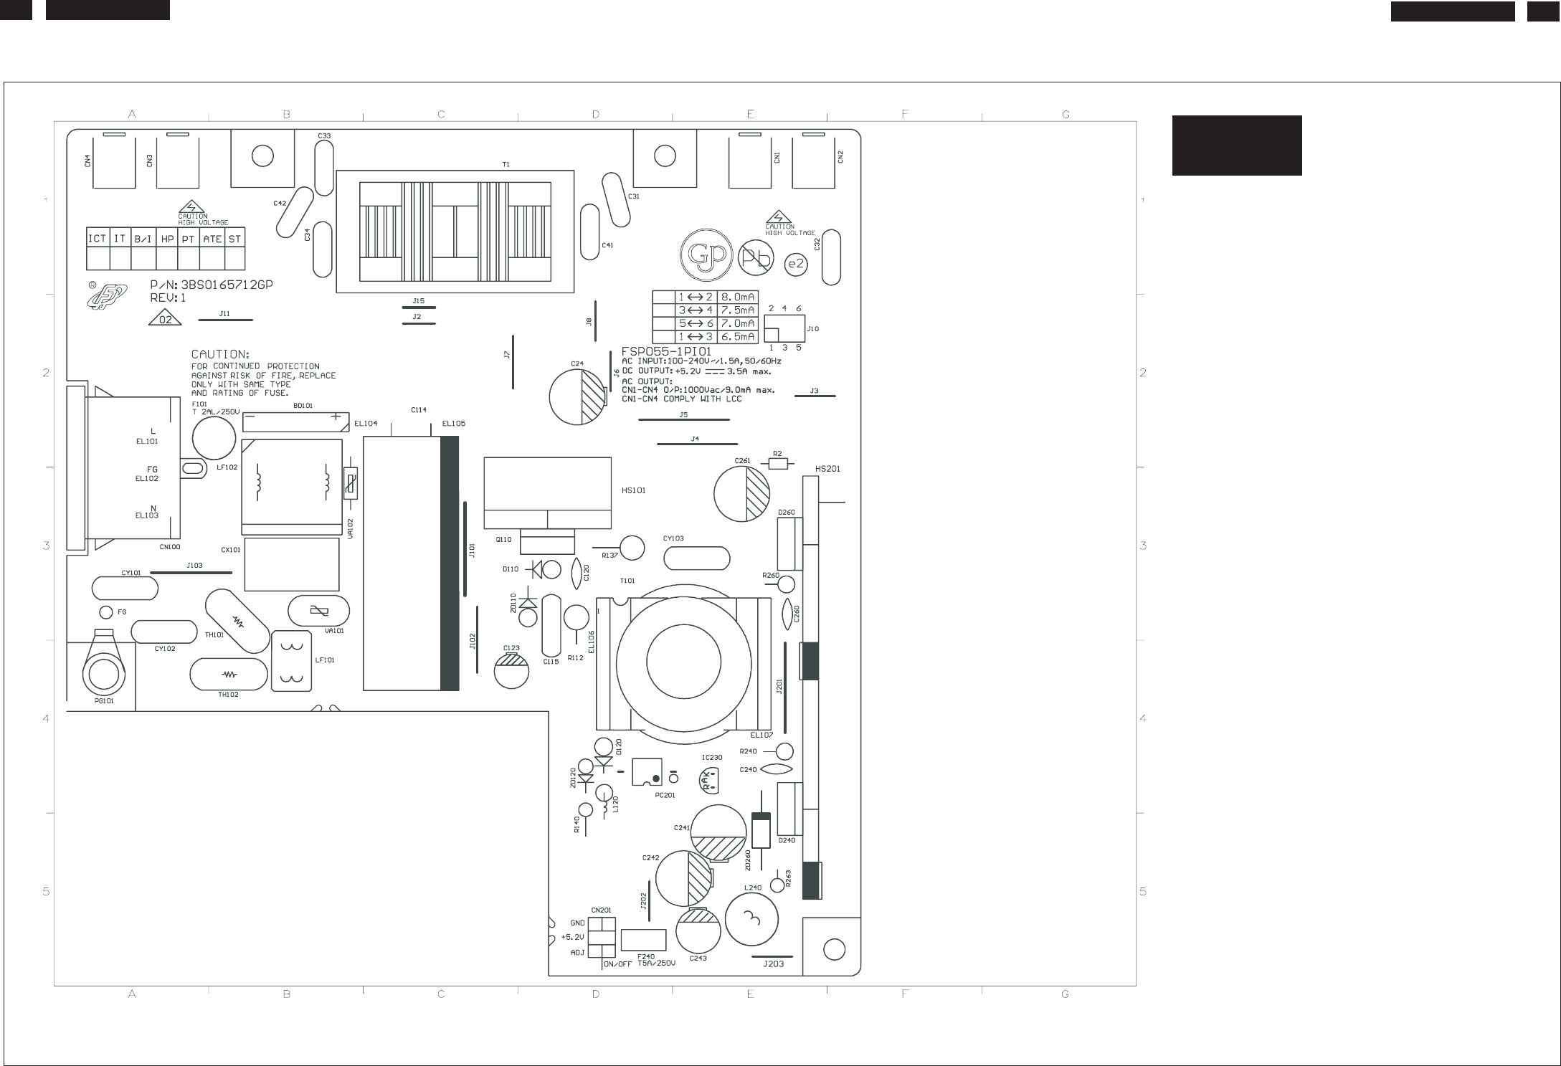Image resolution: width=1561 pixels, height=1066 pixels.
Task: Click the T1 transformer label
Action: pos(506,164)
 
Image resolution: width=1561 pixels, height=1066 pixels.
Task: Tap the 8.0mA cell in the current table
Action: pos(738,297)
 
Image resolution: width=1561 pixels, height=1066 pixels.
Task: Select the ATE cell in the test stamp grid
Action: pos(212,239)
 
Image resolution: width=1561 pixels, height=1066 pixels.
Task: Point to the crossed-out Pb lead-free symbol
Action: pos(756,258)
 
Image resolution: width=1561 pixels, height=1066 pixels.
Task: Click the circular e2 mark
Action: pos(796,265)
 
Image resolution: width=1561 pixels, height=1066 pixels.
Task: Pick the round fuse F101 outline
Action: pos(214,437)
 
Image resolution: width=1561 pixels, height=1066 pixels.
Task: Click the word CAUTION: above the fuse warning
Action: pos(220,354)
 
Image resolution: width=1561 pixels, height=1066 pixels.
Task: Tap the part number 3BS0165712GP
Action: pos(227,285)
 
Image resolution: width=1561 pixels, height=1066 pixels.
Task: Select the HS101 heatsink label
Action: pos(633,490)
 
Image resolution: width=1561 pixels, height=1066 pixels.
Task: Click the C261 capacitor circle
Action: pos(741,494)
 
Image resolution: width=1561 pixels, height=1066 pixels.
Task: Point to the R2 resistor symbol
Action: pos(777,464)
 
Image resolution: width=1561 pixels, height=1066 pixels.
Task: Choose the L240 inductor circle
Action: pos(751,919)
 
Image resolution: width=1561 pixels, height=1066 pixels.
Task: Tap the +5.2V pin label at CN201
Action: pos(572,937)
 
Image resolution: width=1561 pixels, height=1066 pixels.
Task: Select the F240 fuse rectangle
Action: pos(643,939)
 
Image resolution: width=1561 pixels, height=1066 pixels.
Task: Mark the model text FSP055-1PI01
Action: pos(666,351)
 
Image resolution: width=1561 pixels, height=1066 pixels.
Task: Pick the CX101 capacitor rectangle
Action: pos(291,564)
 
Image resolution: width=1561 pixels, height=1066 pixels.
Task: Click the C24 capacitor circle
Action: pos(577,396)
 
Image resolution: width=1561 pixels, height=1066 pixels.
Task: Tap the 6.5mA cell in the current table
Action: pos(738,337)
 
